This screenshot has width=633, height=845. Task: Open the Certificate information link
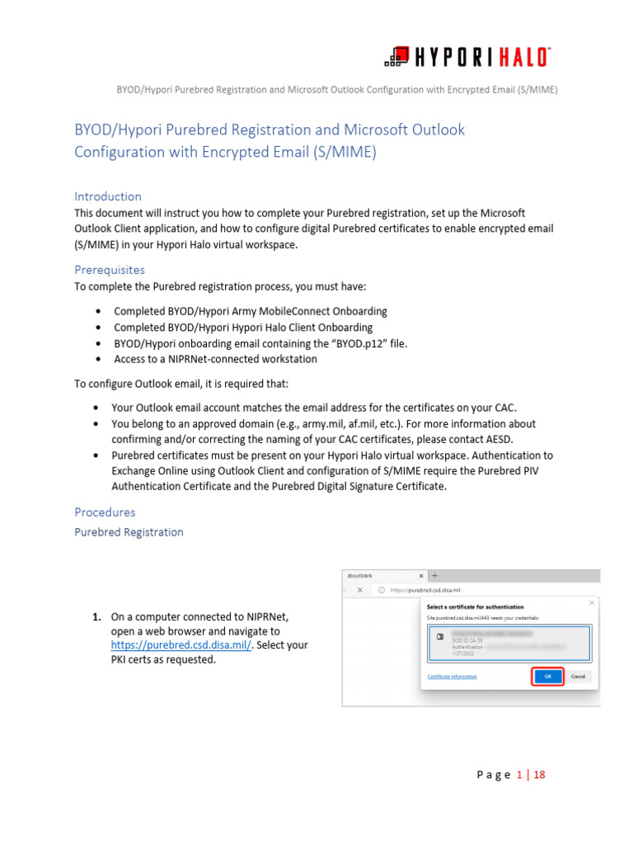pos(452,677)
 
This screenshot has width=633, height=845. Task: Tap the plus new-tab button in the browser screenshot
pos(434,575)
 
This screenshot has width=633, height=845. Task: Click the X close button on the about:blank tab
pos(421,575)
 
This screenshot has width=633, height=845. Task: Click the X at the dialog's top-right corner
pos(592,603)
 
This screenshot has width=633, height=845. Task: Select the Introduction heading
pos(108,196)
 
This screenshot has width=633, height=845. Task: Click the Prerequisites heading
pos(110,270)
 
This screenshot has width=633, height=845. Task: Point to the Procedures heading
pos(105,512)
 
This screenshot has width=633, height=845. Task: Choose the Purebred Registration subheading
pos(129,532)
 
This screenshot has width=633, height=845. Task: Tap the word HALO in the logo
pos(521,58)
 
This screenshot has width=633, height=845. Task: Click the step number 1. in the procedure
pos(96,616)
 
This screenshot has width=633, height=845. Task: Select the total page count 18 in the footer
pos(540,775)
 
